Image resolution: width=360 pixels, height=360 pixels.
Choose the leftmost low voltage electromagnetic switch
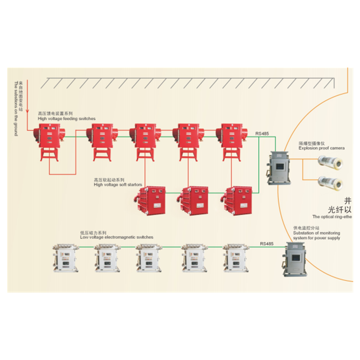pos(65,259)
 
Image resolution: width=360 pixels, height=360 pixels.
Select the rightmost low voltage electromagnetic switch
pos(236,259)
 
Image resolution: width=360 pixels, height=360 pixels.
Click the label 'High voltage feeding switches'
pos(67,118)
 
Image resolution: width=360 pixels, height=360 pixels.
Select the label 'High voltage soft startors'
pos(117,184)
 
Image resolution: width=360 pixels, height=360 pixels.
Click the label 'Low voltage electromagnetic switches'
pos(117,237)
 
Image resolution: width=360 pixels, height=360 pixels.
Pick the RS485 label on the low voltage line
pos(266,243)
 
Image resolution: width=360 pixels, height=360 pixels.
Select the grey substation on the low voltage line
pos(295,259)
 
